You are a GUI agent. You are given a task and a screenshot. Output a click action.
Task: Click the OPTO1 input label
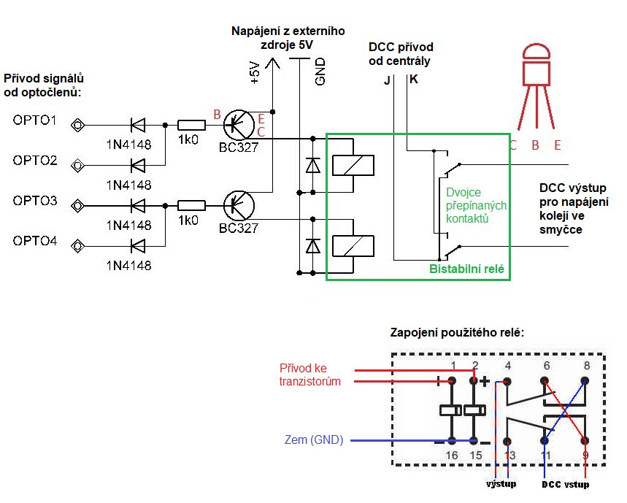click(35, 120)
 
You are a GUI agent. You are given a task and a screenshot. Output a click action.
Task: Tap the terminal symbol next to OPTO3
click(77, 205)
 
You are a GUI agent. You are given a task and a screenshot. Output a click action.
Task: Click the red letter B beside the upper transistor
click(215, 114)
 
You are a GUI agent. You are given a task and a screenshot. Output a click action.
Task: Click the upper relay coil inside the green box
click(353, 165)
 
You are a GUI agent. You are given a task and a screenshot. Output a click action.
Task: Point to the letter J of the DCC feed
click(387, 80)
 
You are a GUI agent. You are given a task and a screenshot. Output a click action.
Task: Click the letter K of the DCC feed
click(414, 80)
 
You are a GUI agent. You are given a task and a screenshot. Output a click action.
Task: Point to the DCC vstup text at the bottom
click(565, 484)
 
